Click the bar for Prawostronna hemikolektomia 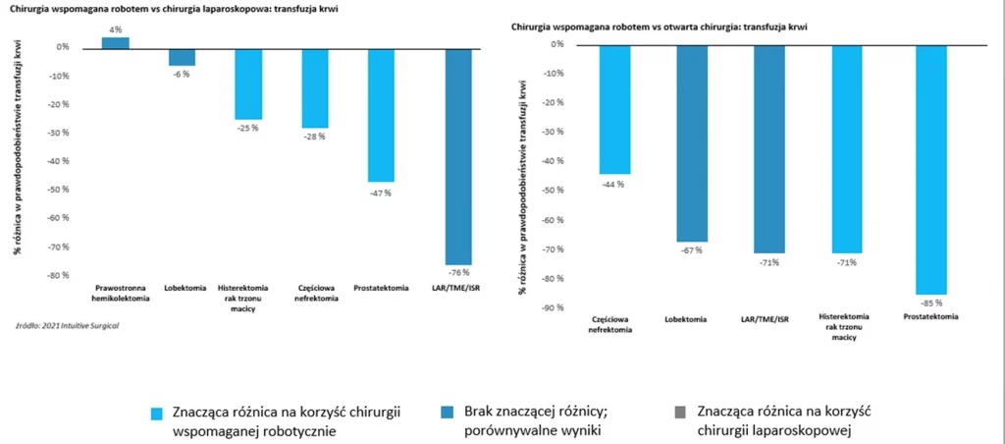coord(115,42)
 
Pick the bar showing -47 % coord(380,114)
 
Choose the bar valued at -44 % coord(614,109)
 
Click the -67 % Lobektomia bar coord(693,142)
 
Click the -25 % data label coord(247,128)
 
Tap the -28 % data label coord(314,137)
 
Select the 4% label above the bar coord(116,29)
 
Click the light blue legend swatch coord(157,411)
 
